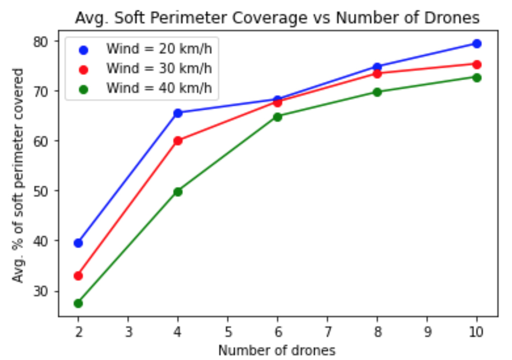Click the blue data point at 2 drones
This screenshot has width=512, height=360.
78,243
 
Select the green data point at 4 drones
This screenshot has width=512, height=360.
178,192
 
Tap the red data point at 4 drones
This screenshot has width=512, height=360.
178,141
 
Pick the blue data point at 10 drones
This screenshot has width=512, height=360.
476,44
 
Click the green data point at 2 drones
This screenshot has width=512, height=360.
78,303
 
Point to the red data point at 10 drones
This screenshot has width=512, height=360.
476,65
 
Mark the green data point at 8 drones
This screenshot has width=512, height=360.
377,92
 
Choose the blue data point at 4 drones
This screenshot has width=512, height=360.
178,113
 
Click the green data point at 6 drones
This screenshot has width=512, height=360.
278,117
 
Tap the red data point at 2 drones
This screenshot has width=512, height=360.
78,276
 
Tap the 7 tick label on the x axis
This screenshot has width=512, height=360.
327,332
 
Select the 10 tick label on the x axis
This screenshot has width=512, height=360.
476,332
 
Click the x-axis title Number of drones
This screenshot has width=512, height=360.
277,350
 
